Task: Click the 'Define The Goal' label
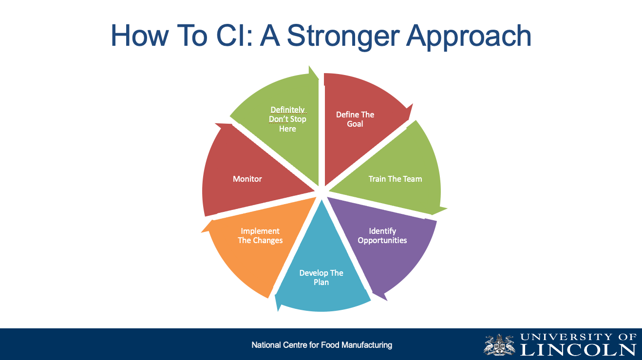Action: (355, 119)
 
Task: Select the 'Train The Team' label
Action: (395, 179)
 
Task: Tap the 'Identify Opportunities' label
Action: (382, 236)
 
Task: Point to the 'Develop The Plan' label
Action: (321, 278)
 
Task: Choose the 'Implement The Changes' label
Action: (260, 236)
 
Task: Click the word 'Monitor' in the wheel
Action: (247, 179)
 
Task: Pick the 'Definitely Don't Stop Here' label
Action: (287, 119)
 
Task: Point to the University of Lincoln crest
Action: (500, 344)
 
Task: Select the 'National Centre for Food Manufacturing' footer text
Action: (321, 345)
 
